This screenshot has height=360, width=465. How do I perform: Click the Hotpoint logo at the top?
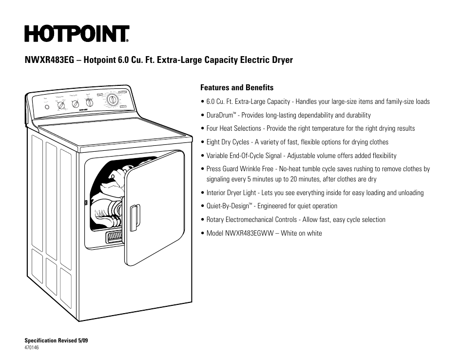[77, 34]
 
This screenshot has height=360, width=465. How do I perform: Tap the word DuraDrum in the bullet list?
[219, 116]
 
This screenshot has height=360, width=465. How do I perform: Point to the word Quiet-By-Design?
[228, 206]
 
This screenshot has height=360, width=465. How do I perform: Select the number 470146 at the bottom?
[32, 347]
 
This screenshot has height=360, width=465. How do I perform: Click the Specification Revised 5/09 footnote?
[56, 340]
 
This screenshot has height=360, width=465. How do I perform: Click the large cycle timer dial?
[113, 100]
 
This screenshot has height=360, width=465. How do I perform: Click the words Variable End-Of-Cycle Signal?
[244, 156]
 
